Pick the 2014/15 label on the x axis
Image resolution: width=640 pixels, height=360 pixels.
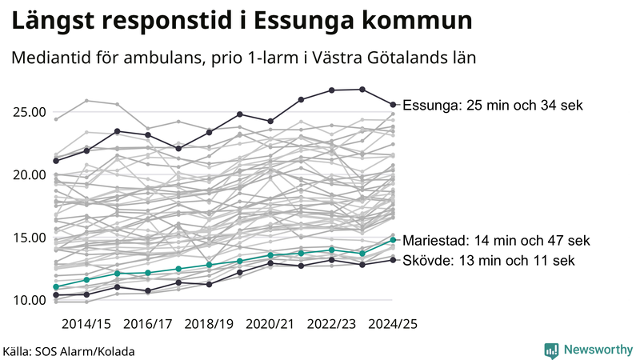tap(86, 324)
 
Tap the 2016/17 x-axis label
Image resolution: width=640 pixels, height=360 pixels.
tap(148, 324)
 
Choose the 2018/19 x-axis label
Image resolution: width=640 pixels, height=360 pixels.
tap(210, 324)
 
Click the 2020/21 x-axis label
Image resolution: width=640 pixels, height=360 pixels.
tap(270, 324)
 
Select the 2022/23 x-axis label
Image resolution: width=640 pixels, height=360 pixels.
tap(332, 324)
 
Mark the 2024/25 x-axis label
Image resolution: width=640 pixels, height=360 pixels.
tap(393, 324)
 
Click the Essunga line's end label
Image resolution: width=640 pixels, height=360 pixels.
tap(493, 106)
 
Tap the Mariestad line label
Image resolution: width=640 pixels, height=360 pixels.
tap(497, 240)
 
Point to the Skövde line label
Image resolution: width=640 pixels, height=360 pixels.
tap(488, 261)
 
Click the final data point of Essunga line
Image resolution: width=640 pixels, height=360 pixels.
tap(393, 104)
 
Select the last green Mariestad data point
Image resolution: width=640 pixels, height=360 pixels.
tap(393, 239)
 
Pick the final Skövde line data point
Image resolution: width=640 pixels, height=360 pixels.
tap(393, 259)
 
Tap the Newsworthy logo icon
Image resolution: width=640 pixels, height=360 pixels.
tap(551, 350)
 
